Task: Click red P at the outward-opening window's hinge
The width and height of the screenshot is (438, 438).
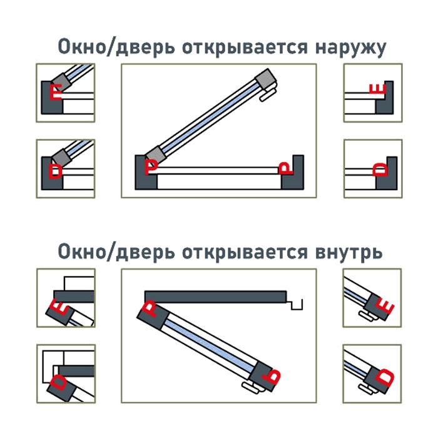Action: point(151,166)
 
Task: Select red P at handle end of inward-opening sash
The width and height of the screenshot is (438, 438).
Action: point(273,377)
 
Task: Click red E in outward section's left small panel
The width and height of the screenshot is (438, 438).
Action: point(56,93)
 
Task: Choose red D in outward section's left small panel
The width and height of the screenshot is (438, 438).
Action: point(56,170)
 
